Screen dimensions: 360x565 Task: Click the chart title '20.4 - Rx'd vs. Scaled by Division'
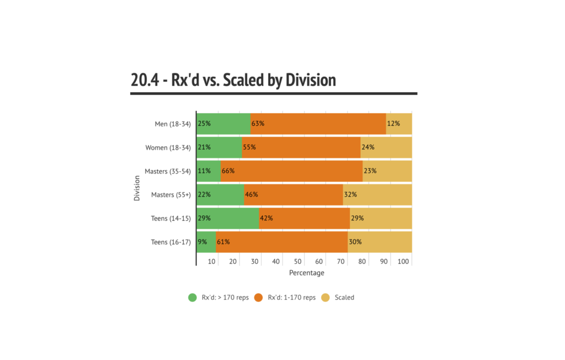click(x=233, y=80)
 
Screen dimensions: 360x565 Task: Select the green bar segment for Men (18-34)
click(x=223, y=124)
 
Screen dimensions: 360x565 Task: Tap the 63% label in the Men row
click(x=258, y=124)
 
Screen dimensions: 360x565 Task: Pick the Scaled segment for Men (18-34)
click(x=399, y=124)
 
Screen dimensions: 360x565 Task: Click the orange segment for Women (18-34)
click(x=301, y=147)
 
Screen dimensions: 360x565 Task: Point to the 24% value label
click(x=367, y=147)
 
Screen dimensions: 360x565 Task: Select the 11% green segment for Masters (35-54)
click(x=209, y=171)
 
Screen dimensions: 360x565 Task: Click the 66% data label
click(x=228, y=171)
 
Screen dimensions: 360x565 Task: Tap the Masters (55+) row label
click(x=170, y=194)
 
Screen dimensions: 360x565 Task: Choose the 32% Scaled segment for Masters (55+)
click(x=377, y=194)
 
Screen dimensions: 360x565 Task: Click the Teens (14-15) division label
click(x=170, y=218)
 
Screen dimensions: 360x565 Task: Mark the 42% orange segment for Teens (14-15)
click(x=304, y=218)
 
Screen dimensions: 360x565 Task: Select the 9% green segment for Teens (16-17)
click(x=206, y=242)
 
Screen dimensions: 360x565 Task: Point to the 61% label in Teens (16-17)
click(x=223, y=242)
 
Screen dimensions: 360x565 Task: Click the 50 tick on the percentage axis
click(x=298, y=261)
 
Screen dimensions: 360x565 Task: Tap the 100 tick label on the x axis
click(x=404, y=261)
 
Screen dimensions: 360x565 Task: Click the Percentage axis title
click(x=306, y=273)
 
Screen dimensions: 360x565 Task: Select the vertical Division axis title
click(x=136, y=188)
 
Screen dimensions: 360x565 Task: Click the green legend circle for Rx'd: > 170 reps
click(x=193, y=298)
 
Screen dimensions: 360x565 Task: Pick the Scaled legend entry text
click(x=344, y=298)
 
